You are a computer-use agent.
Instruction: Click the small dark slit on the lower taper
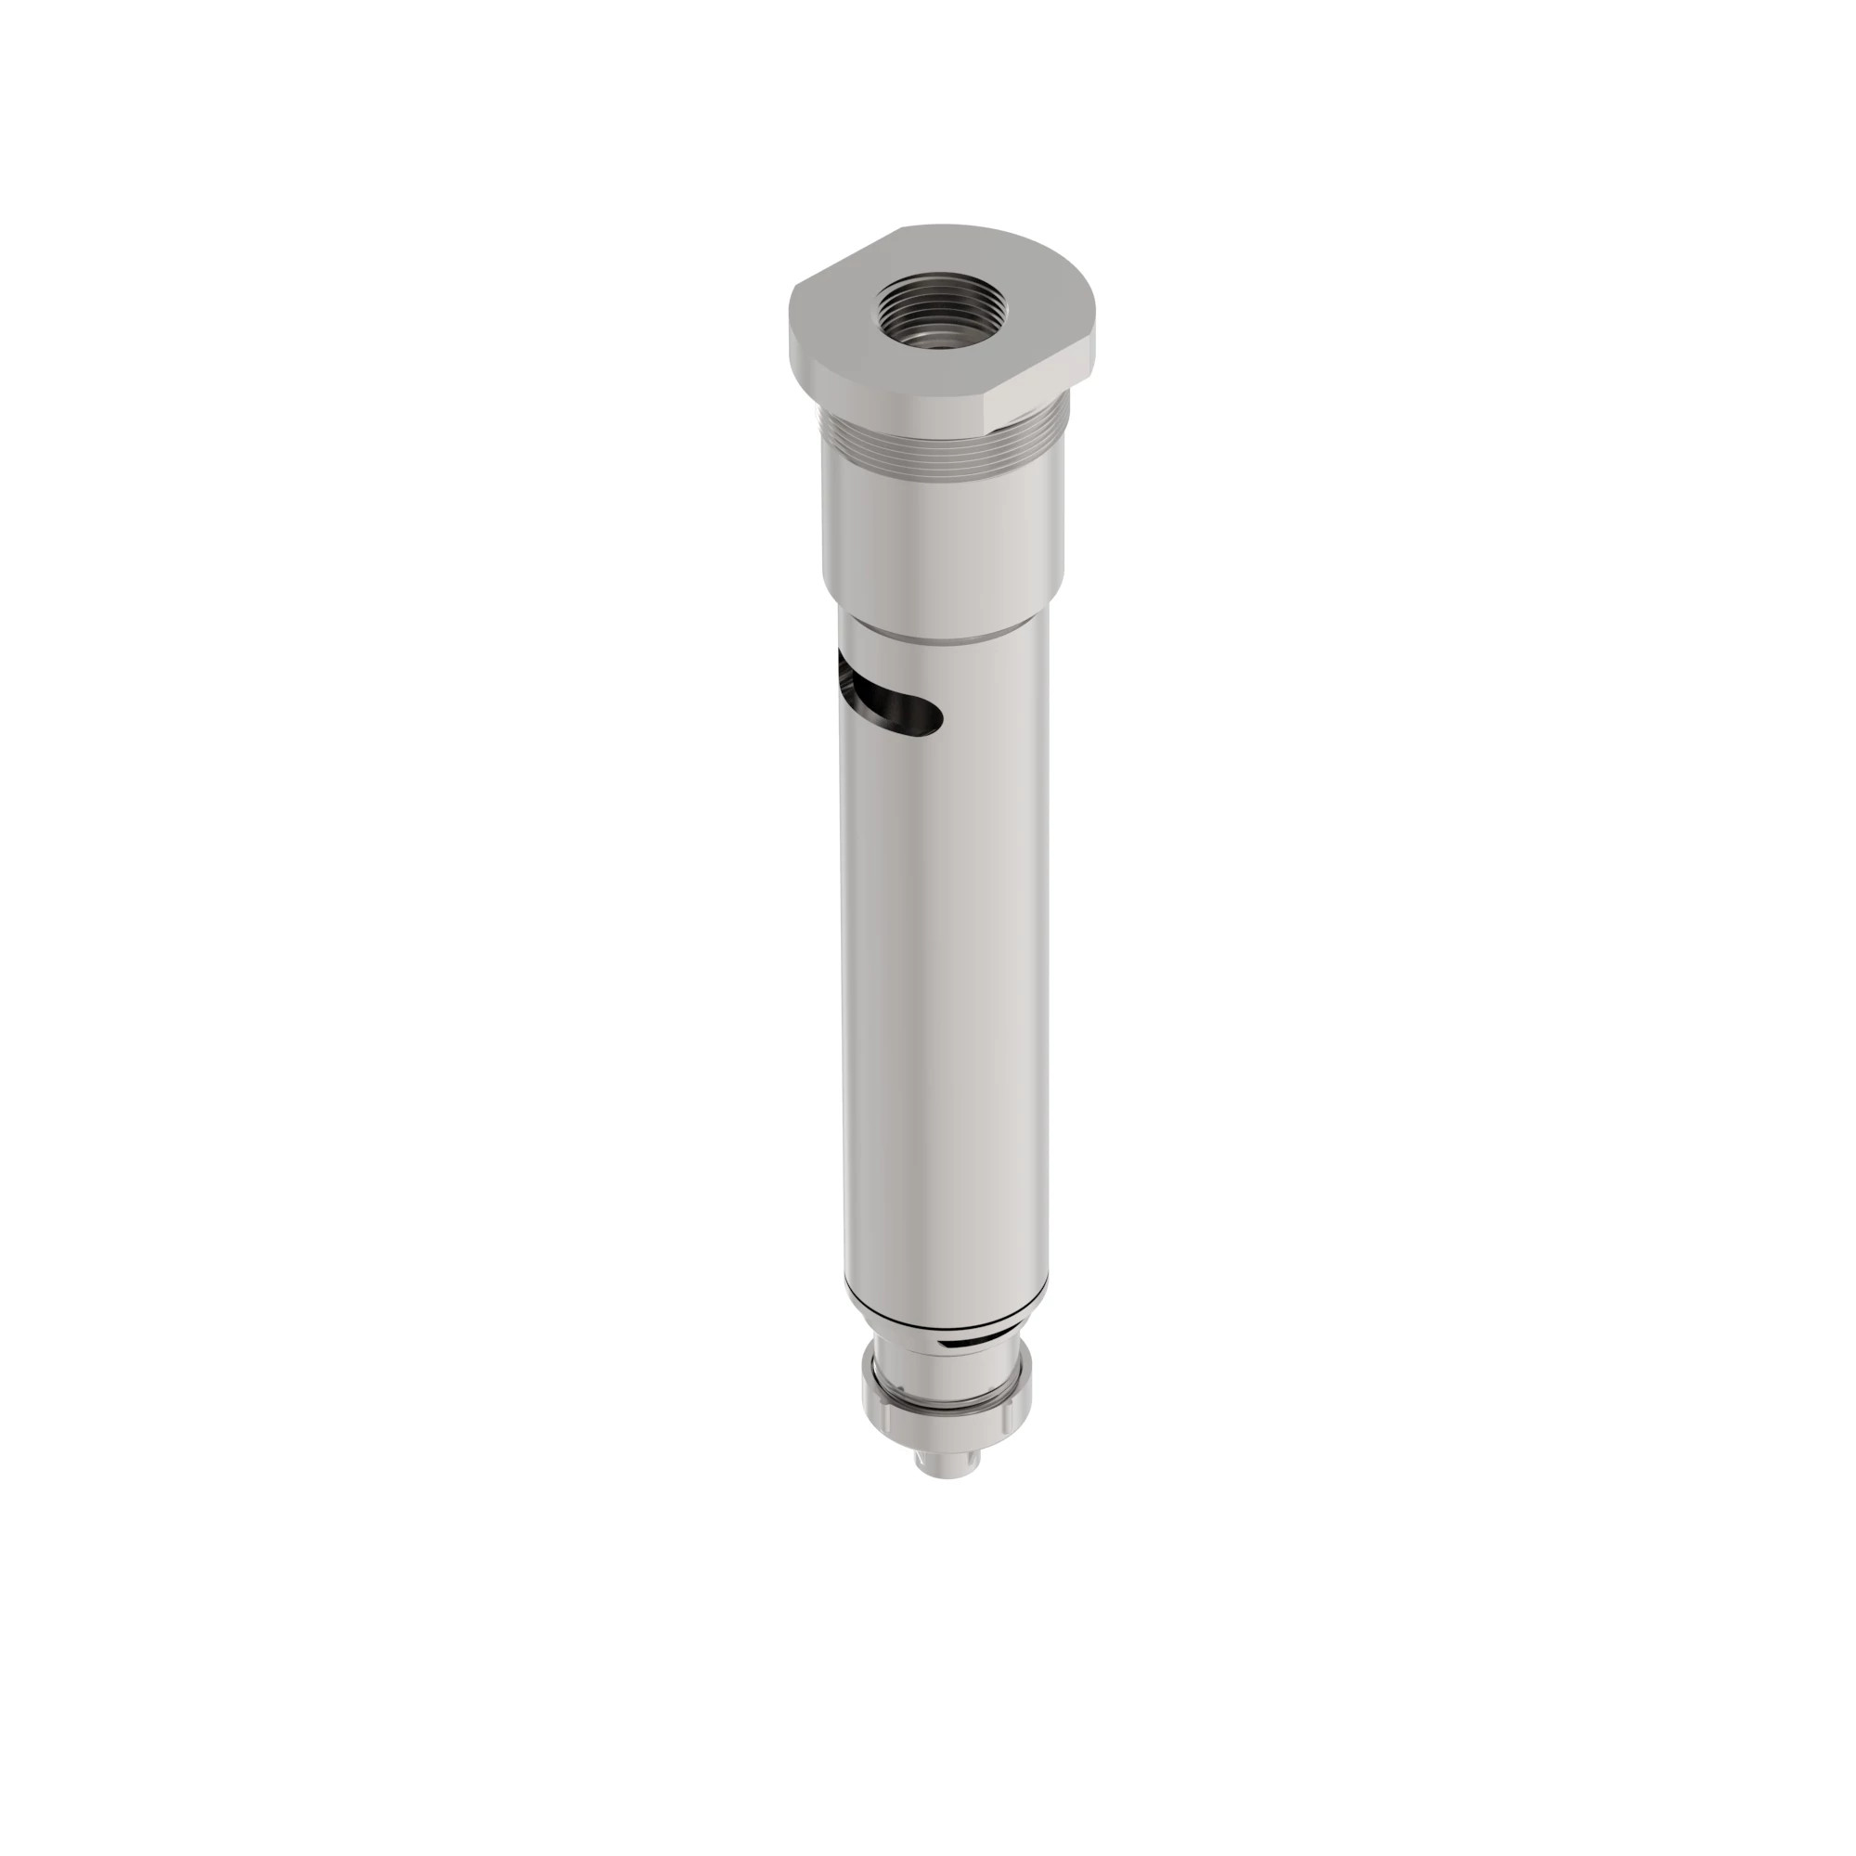pyautogui.click(x=971, y=1337)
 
